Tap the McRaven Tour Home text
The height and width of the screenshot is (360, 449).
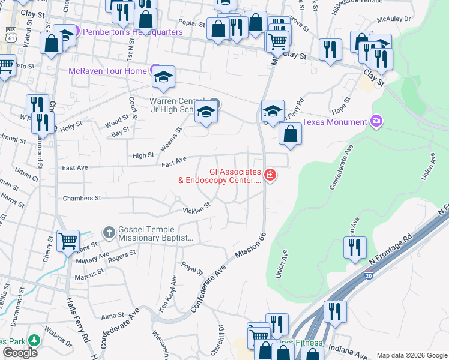(x=107, y=71)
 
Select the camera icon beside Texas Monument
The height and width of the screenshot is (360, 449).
(x=377, y=122)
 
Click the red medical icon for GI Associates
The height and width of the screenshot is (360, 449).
(x=270, y=176)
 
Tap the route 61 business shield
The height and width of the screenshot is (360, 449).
(x=10, y=35)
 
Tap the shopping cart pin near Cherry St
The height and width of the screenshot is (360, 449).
(x=68, y=241)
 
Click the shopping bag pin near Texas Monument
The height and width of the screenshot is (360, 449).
(x=290, y=134)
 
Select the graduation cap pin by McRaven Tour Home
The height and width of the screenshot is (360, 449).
(x=163, y=77)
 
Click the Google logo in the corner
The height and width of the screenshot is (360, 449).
(x=20, y=353)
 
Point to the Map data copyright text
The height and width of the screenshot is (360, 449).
(x=411, y=355)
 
